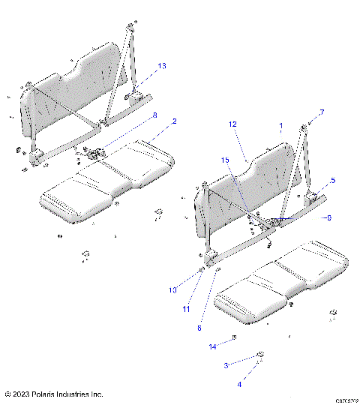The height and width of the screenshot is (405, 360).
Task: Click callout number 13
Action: coord(161,67)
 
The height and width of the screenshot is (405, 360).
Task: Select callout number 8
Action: coord(154,115)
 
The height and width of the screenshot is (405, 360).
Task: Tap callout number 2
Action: coord(174,121)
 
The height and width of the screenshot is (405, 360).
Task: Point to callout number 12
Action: coord(232,124)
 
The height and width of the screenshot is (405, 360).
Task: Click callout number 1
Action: coord(281,125)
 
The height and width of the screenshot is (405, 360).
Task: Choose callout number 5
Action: coord(332,180)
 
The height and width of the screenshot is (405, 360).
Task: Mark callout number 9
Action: coord(326,217)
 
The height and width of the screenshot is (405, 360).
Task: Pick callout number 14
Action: coord(212,346)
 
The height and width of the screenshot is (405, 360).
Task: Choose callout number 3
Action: coord(226,365)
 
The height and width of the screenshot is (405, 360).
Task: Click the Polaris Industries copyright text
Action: coord(53,394)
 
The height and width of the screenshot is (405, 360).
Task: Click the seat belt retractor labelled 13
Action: coord(138,95)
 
